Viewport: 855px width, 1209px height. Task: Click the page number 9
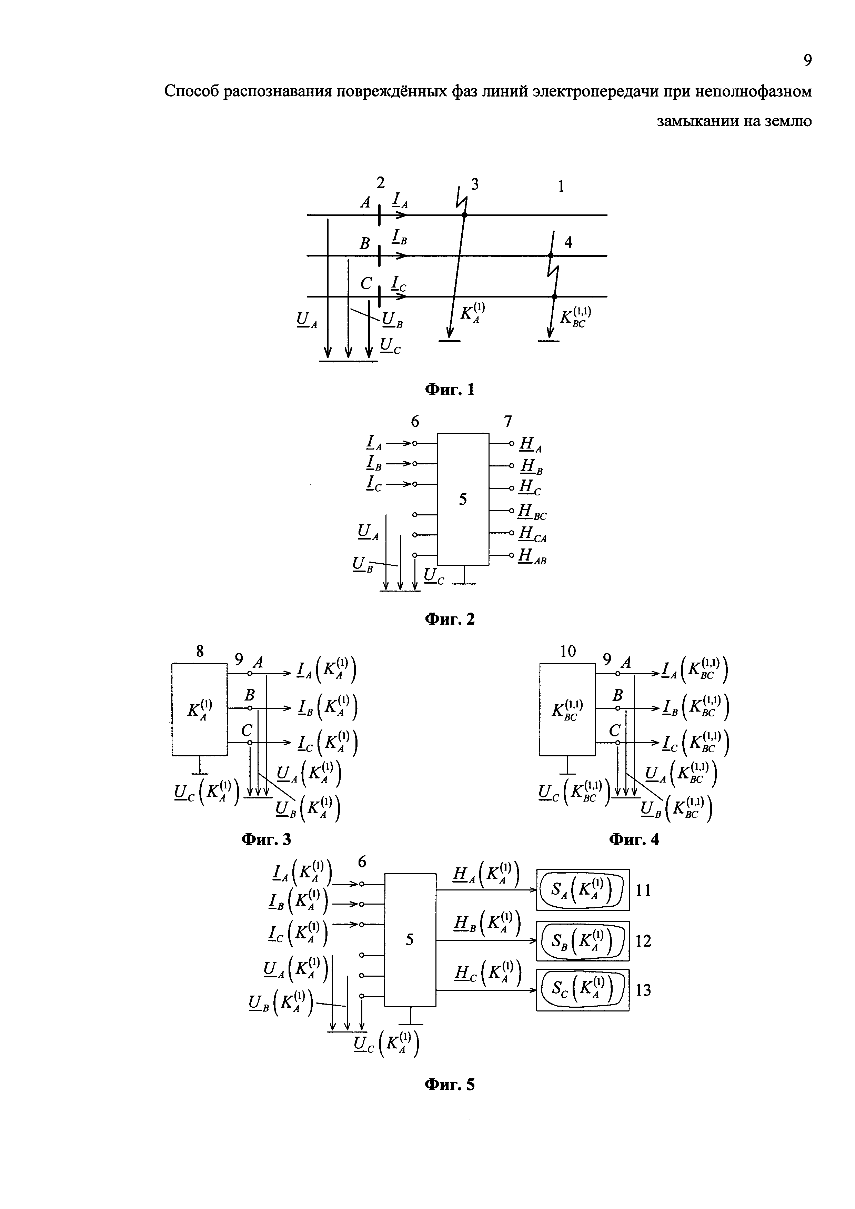click(x=807, y=61)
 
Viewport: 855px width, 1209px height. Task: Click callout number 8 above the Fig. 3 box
click(x=200, y=651)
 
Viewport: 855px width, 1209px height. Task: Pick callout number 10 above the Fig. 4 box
click(x=567, y=651)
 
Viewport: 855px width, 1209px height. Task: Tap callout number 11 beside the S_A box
click(x=643, y=890)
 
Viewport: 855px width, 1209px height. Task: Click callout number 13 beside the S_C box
click(x=643, y=990)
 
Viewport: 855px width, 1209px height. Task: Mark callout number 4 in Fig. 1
click(x=568, y=242)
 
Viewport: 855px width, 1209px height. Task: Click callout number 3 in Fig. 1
click(x=475, y=184)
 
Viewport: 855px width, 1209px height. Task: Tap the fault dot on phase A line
click(x=464, y=215)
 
